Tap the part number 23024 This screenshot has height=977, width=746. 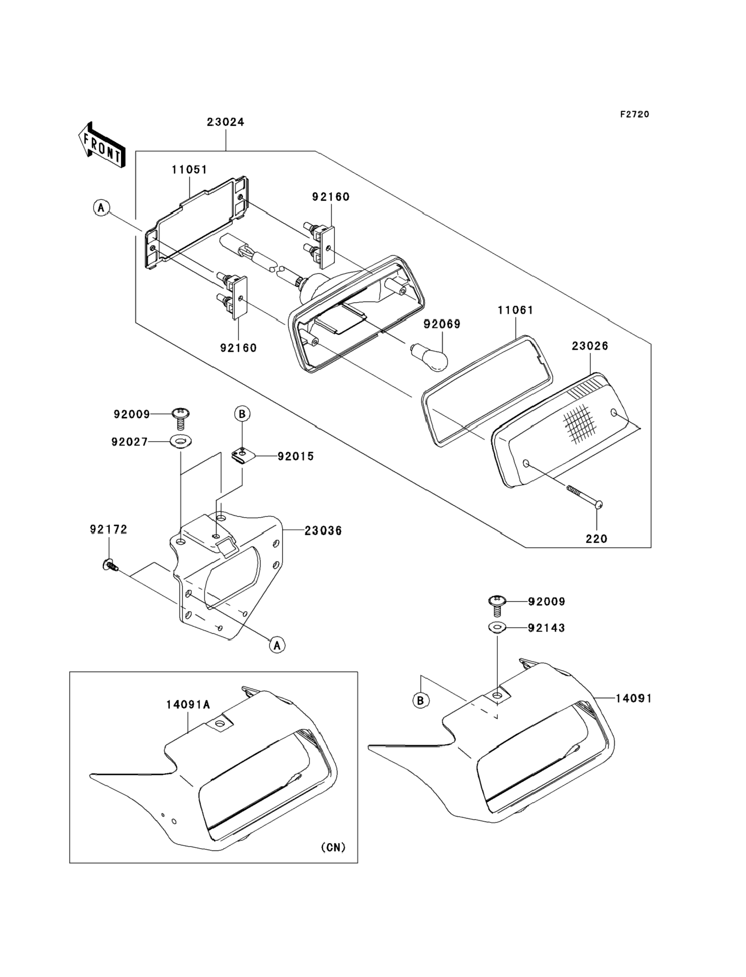(225, 122)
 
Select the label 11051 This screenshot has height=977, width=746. (190, 170)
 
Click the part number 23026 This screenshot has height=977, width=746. (590, 346)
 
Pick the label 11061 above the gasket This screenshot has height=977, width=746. (516, 310)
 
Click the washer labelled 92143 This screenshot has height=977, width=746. (497, 628)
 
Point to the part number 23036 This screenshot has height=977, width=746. (323, 531)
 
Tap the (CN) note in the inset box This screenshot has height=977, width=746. (333, 847)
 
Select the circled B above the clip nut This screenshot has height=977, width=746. (242, 414)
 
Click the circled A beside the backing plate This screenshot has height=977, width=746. (102, 207)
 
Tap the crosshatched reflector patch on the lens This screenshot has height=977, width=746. (579, 424)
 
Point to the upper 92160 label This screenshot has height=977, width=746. (331, 197)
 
